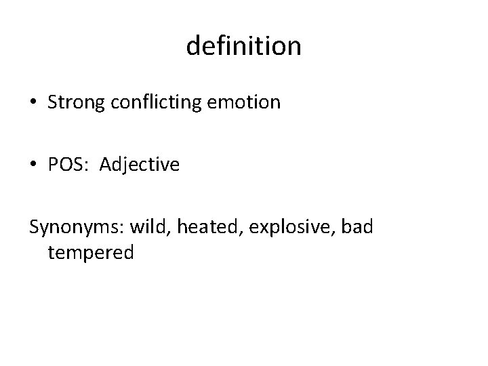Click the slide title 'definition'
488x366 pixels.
pos(243,47)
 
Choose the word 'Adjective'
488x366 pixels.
pos(140,165)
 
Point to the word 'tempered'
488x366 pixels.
pos(91,253)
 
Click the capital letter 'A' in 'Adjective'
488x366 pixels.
pos(106,164)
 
